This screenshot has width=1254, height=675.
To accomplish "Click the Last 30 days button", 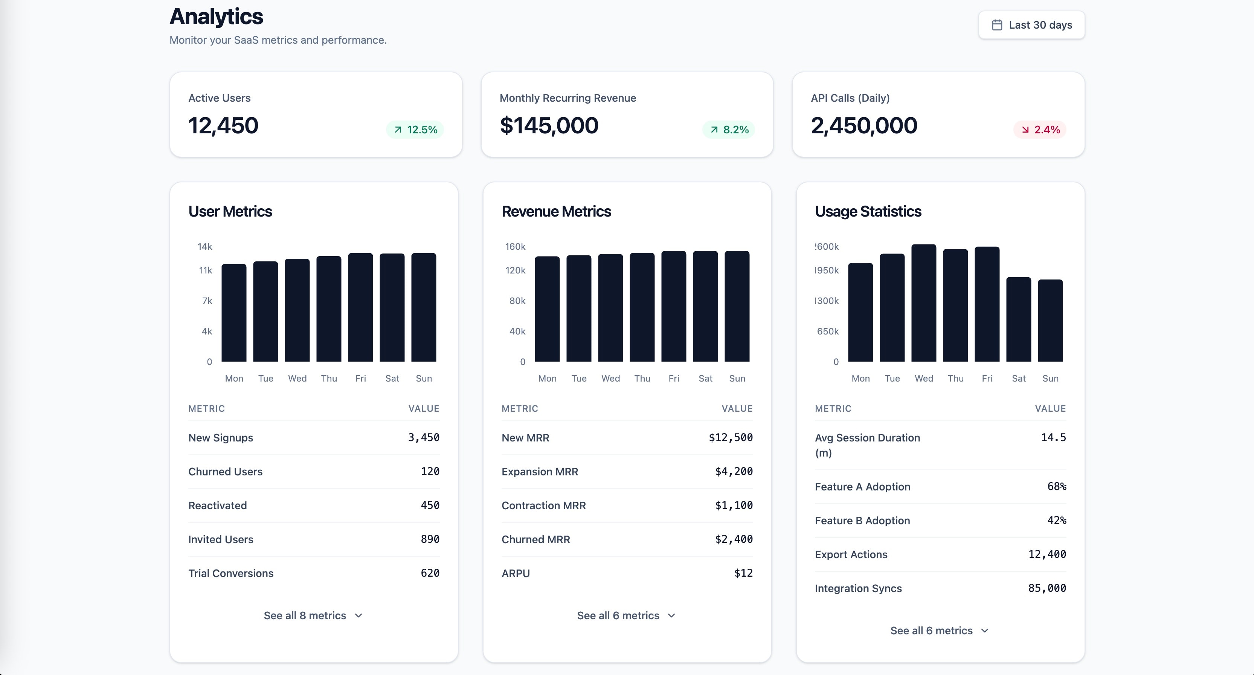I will click(1031, 25).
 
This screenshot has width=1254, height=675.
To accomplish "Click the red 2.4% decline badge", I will click(1039, 130).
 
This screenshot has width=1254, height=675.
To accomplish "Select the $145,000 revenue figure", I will click(549, 126).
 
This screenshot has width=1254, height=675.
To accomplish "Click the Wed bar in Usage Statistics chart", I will click(923, 303).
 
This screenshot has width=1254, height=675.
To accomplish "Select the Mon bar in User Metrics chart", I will click(233, 313).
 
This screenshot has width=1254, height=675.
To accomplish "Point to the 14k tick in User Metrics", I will click(205, 246).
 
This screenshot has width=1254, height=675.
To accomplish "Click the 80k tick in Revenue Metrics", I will click(517, 301).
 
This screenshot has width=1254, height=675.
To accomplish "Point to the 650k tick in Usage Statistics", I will click(828, 331).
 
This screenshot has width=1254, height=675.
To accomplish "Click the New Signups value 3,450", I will click(424, 437).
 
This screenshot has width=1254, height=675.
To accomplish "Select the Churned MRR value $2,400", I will click(734, 539).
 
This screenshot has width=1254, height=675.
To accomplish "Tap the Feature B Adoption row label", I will click(862, 521).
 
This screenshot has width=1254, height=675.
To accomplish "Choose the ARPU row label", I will click(516, 573).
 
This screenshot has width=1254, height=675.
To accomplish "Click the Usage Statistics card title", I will click(868, 211).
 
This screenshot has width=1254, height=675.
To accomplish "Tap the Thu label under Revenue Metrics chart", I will click(642, 379).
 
